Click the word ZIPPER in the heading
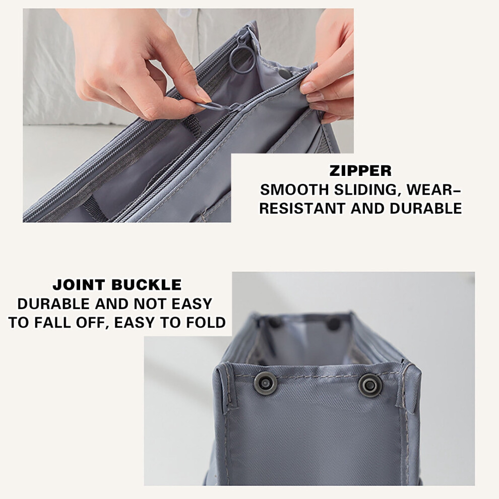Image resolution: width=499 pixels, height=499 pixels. coord(360,171)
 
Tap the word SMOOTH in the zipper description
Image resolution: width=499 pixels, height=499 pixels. coord(295,190)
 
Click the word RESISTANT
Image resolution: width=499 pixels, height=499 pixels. coord(302,209)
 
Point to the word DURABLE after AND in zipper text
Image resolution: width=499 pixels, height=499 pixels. coord(425,209)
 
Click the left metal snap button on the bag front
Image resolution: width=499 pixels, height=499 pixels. coord(265,383)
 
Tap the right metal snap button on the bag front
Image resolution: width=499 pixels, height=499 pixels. coord(370,385)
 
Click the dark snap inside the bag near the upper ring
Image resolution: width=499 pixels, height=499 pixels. coord(284,74)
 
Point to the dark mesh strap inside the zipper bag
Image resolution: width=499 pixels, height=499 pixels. coord(191,126)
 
